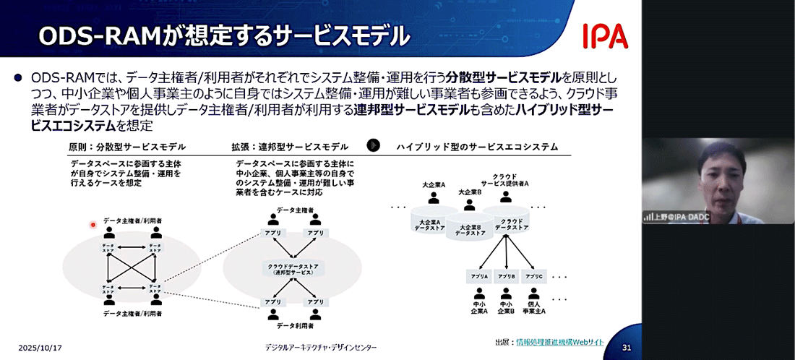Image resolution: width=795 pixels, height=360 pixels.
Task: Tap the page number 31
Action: point(627,348)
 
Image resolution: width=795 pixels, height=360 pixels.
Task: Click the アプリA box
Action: point(481,277)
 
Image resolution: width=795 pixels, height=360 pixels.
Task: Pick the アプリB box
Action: point(507,277)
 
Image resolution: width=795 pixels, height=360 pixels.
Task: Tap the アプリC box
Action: point(534,277)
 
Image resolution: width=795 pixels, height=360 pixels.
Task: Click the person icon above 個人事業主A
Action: point(534,294)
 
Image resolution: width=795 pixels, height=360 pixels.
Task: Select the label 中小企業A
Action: point(480,308)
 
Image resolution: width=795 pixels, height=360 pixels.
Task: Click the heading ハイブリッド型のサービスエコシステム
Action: point(477,147)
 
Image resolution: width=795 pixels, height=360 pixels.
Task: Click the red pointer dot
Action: point(93,225)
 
